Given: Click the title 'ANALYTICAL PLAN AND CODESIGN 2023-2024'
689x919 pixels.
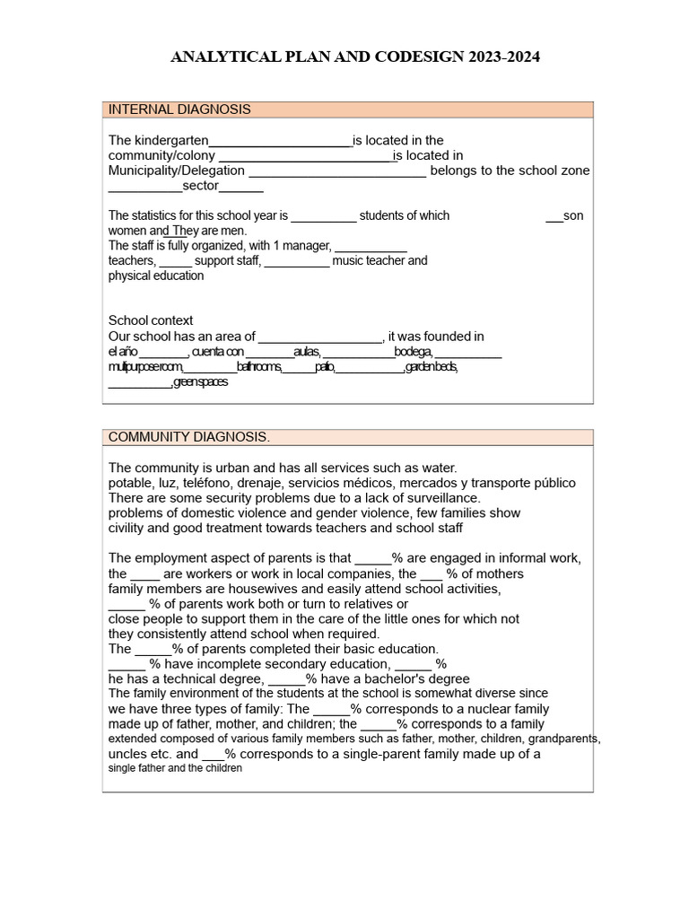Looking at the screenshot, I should point(355,57).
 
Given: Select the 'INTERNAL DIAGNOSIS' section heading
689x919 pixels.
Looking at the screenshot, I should point(179,109).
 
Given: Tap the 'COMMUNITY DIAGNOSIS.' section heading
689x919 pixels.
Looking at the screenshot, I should point(188,437).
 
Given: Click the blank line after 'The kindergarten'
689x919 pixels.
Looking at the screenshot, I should point(280,141).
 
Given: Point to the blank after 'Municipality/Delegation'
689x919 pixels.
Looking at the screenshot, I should point(336,171).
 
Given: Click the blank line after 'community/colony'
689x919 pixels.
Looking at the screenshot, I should point(307,156).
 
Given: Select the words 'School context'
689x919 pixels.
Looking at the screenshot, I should point(151,320).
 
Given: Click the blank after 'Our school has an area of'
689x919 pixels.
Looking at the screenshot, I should point(320,337).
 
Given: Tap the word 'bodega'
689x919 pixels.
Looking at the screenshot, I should point(413,352).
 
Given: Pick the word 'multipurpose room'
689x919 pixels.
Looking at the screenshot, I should point(146,367).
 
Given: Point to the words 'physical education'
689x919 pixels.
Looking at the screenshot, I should point(156,276).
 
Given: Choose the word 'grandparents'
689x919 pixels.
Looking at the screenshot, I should point(563,740).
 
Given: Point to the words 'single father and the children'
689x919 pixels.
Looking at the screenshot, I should point(176,769).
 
